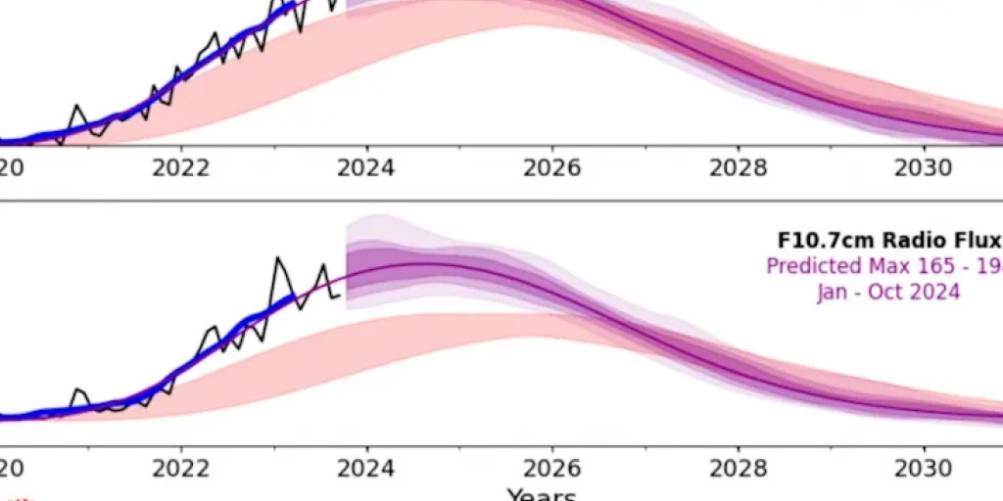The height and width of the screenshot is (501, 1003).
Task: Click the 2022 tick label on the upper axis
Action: click(181, 167)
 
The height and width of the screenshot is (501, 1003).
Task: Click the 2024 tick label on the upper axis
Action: click(366, 167)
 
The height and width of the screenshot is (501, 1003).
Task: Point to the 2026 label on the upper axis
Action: click(552, 167)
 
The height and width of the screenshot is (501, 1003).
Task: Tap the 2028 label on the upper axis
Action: click(739, 167)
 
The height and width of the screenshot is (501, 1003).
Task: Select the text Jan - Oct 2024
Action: click(887, 291)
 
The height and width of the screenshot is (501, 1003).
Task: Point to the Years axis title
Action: click(541, 494)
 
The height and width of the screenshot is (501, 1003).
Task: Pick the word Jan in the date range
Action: click(833, 291)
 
